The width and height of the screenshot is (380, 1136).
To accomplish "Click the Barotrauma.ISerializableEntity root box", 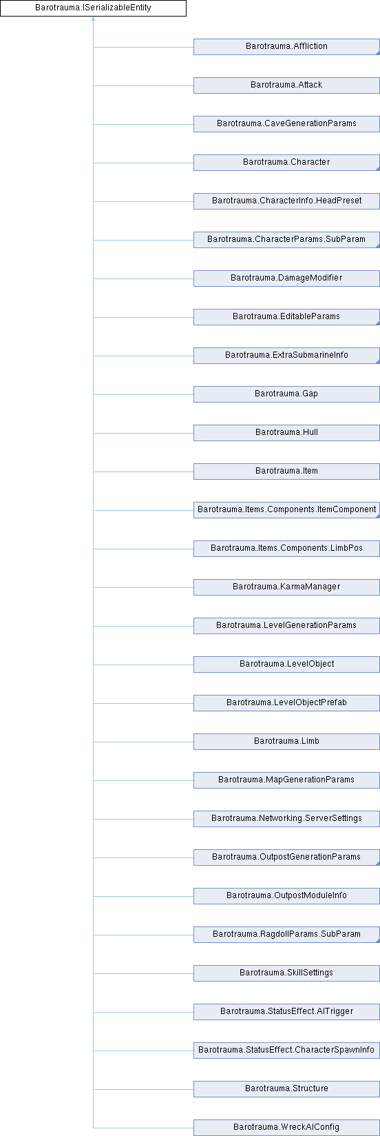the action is [93, 8].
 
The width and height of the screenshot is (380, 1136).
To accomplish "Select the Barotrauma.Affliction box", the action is [286, 47].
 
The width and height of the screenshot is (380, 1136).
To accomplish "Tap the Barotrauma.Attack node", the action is [286, 85].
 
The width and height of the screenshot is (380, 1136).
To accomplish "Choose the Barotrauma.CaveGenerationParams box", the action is [286, 124].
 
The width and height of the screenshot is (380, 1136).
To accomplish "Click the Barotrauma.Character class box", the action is [286, 162].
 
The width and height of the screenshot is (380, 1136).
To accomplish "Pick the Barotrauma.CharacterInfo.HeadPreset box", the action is [286, 201].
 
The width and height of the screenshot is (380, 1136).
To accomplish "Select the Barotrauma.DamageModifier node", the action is [286, 278].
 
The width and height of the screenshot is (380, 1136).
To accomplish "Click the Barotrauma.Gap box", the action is [286, 394].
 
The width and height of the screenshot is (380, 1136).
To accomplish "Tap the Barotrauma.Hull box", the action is [286, 433].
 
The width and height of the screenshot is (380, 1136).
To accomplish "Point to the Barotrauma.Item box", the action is [286, 471].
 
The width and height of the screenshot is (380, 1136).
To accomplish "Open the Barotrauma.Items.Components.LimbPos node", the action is [286, 548].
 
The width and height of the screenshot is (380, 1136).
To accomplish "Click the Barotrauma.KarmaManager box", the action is [286, 587].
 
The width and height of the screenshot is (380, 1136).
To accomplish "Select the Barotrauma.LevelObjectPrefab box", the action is [286, 703].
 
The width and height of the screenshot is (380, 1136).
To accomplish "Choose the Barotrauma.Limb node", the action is [286, 742].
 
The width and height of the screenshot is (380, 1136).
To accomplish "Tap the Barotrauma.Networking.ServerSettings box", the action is [286, 818].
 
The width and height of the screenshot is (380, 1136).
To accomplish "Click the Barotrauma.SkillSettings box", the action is [286, 973].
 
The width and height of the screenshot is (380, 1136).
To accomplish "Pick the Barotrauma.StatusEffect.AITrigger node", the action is [286, 1012].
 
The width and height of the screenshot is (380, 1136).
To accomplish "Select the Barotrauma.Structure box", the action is [286, 1089].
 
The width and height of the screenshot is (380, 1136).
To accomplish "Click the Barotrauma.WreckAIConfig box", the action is [286, 1127].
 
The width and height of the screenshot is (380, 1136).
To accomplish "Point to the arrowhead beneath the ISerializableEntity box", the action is [93, 19].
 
